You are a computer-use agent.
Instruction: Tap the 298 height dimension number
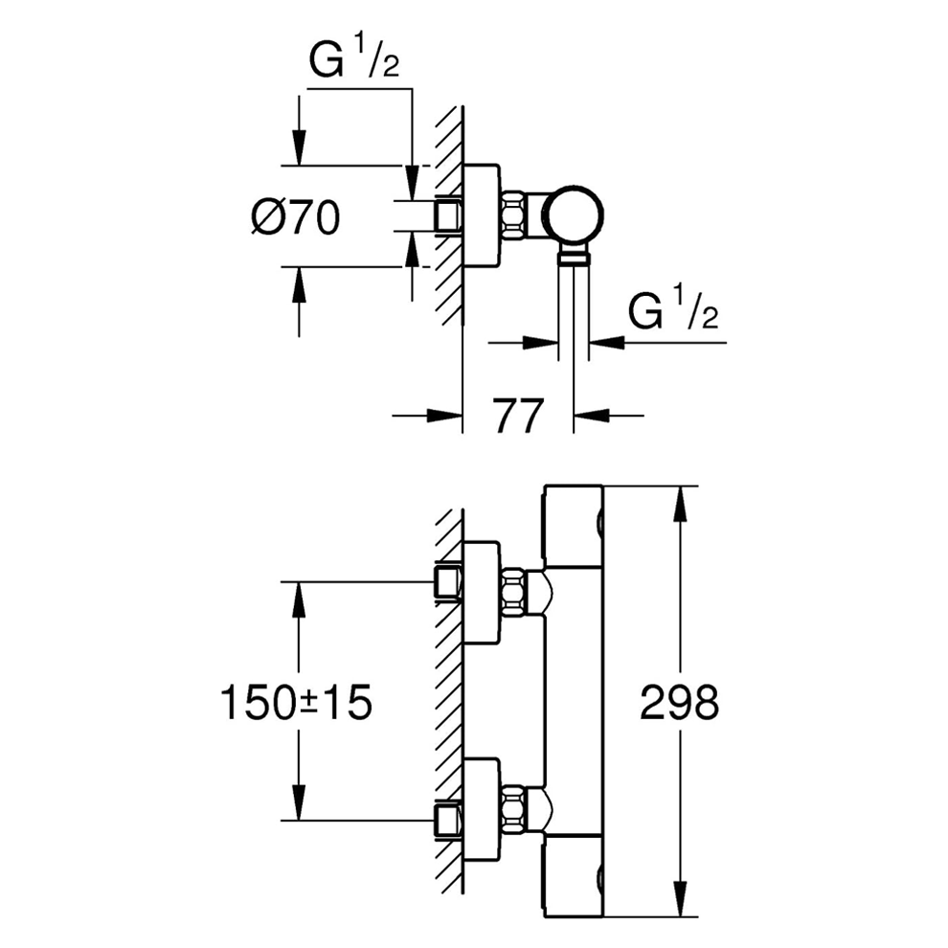678,704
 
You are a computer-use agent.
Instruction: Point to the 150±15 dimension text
296,704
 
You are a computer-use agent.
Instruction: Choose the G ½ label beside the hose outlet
673,313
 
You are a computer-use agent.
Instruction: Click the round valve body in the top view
573,214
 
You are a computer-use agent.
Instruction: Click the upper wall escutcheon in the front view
481,591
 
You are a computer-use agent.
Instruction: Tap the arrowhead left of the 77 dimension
443,416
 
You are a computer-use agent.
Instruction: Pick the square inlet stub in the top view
447,214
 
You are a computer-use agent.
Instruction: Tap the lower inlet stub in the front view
447,820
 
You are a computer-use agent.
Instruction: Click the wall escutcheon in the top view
481,214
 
